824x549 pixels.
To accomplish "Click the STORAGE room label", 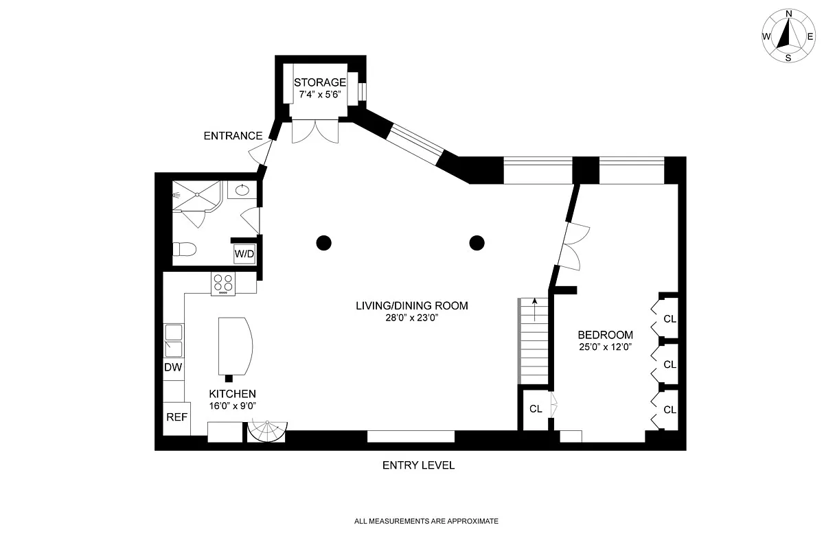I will (319, 82).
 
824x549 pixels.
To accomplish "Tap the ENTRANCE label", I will (233, 136).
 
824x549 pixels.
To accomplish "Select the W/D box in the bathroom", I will (244, 254).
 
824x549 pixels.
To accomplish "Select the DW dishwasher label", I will (173, 367).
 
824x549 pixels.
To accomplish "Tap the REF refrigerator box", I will (176, 416).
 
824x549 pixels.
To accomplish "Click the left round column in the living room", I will (323, 242).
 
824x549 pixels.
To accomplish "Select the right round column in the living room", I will (477, 242).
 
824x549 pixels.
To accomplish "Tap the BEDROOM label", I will (605, 335).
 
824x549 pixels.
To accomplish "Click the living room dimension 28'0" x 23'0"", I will (411, 318).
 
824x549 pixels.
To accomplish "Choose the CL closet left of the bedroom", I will (536, 409).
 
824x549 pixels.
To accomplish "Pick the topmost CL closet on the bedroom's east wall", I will (669, 318).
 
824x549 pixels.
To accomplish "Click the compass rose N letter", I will (788, 14).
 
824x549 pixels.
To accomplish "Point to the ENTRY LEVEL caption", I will (417, 465).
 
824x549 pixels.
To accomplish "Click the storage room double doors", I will (315, 130).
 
